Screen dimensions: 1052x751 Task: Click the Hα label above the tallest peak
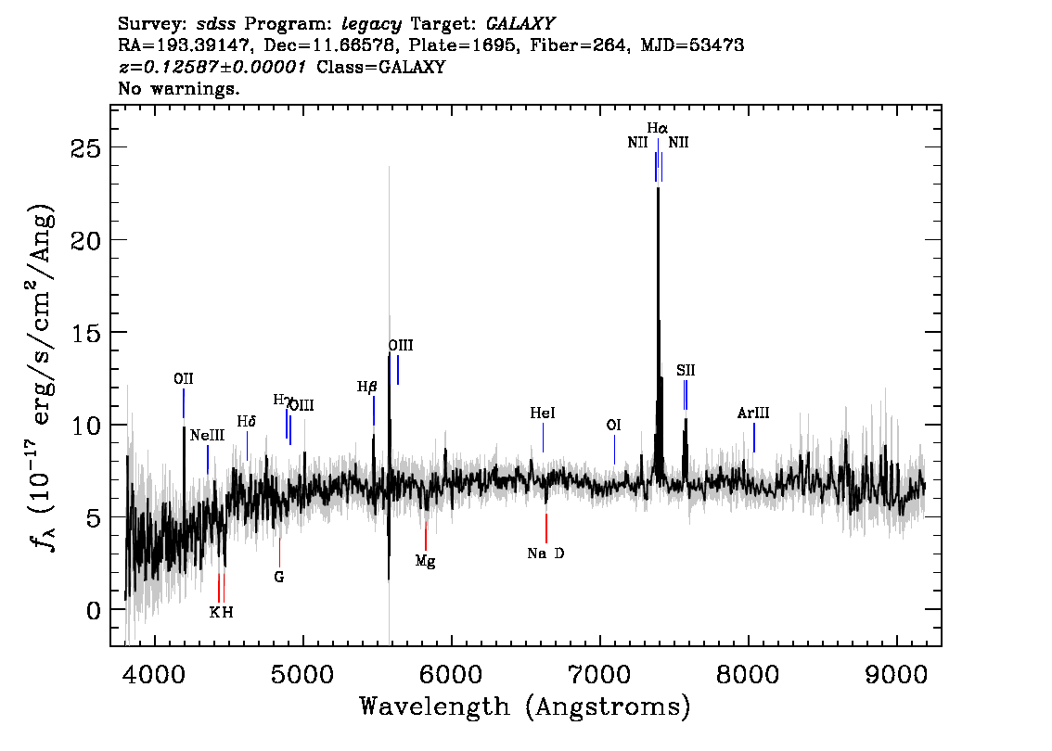point(657,128)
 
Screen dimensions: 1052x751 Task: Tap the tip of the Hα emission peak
point(658,188)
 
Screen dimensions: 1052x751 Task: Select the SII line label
point(686,370)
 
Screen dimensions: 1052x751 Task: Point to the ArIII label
point(753,414)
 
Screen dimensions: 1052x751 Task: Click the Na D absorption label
point(546,554)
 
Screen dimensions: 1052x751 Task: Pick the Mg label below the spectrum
point(426,561)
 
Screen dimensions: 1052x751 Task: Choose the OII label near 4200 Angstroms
point(183,379)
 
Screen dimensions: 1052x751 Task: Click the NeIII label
point(207,436)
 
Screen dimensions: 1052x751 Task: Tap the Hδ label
point(247,422)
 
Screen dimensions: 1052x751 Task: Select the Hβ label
point(367,387)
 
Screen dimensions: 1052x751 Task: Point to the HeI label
point(543,414)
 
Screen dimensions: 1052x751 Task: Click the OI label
point(614,426)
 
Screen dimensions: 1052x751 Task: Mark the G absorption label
point(279,577)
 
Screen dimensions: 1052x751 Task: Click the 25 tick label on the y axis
point(86,148)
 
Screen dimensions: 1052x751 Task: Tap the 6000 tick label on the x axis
point(452,675)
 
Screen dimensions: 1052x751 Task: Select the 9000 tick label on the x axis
point(896,675)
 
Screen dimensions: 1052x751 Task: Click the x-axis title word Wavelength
point(435,706)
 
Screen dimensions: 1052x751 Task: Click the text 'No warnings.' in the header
point(178,88)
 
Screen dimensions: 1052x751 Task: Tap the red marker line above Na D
point(546,528)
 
